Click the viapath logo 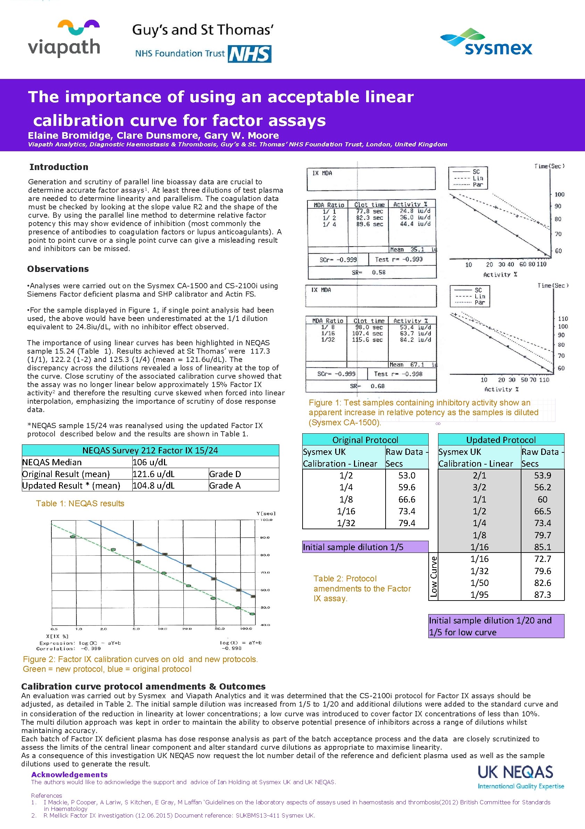[64, 39]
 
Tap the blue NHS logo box [249, 54]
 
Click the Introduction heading [59, 167]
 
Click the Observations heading [58, 269]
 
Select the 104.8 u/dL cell [154, 486]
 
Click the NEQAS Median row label [52, 462]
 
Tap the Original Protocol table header [365, 440]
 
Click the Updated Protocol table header [501, 440]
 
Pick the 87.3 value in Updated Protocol [542, 595]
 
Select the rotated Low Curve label [434, 577]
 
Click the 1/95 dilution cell [479, 595]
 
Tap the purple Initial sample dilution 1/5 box [365, 547]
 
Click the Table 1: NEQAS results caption [80, 503]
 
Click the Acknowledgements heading [69, 774]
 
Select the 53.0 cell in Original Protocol [406, 475]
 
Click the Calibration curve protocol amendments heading [143, 686]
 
